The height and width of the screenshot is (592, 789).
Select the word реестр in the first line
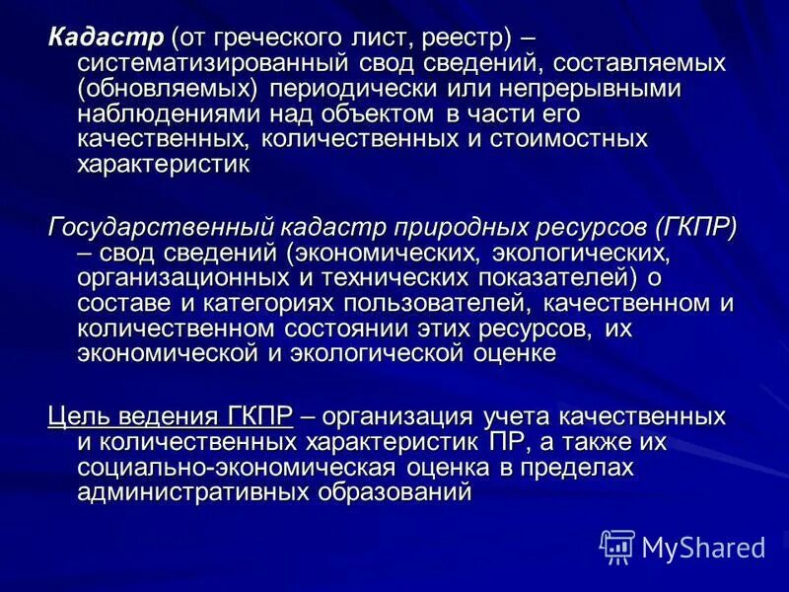pyautogui.click(x=465, y=39)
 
